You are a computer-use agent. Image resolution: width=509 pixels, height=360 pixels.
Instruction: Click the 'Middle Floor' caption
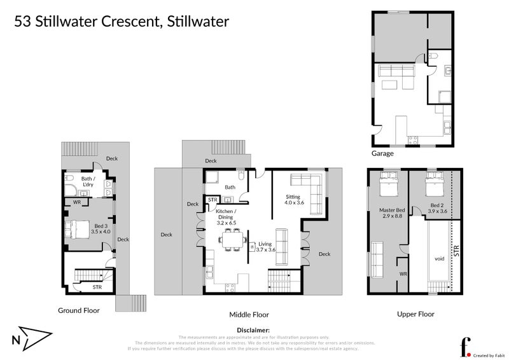click(x=249, y=314)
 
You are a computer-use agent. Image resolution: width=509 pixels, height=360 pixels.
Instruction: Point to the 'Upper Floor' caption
click(x=416, y=314)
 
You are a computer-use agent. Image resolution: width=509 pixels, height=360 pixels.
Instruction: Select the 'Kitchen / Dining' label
click(x=226, y=214)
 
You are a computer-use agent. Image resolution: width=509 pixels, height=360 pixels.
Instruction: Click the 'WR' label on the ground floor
click(x=76, y=202)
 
